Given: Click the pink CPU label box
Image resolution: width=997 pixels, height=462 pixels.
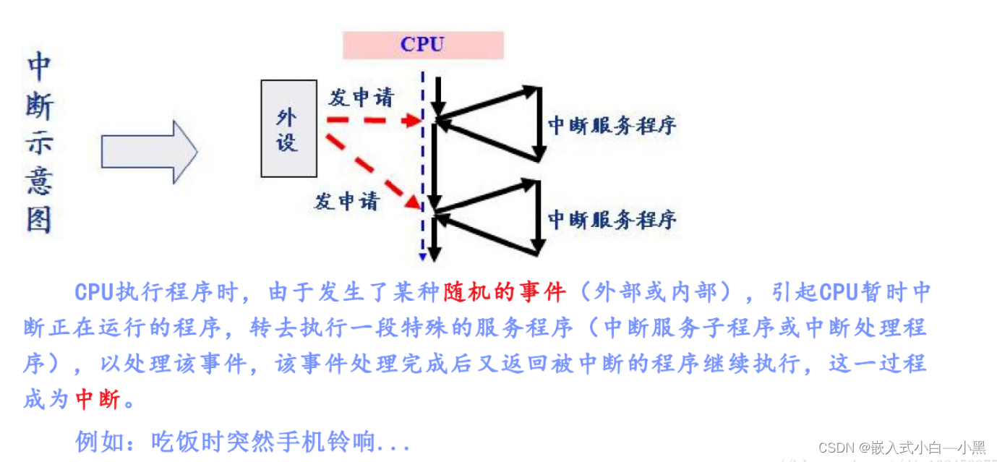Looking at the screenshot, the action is (422, 45).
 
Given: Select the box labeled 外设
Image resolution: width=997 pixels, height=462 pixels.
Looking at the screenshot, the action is (288, 129).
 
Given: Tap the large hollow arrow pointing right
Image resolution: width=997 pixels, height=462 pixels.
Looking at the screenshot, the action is (149, 152).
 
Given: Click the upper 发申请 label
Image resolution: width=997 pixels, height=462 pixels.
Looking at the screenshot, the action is (361, 98).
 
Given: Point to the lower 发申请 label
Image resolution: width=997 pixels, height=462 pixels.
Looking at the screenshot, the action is (346, 200).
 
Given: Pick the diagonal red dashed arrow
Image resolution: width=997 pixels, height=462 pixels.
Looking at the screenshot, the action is (372, 171).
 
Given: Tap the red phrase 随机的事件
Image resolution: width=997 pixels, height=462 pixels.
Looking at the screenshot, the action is (504, 292).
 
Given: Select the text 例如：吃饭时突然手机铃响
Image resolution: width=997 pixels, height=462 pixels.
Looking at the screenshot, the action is (242, 440).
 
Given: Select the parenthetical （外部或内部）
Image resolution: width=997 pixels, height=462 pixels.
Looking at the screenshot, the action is (654, 292).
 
